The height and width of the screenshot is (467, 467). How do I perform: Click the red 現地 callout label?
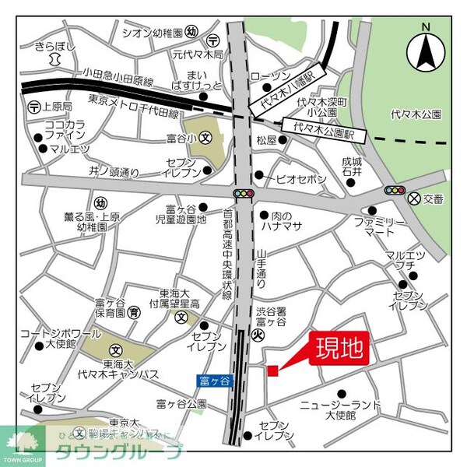[339, 348]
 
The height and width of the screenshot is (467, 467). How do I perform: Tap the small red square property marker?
[272, 370]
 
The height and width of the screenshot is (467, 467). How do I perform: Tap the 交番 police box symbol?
[413, 198]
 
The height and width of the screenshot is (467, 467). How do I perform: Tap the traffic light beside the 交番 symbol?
[393, 191]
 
